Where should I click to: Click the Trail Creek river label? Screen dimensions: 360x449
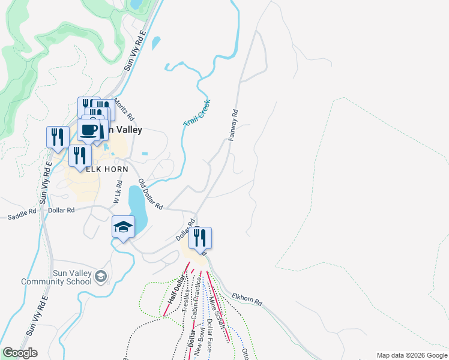(x=197, y=113)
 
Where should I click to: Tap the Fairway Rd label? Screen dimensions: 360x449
(x=234, y=125)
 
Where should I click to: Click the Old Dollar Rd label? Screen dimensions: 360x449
(x=151, y=194)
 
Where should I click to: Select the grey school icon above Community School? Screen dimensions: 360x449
(x=101, y=275)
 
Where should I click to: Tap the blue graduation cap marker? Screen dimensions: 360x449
(x=122, y=227)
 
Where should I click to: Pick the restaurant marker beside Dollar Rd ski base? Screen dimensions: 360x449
(x=200, y=237)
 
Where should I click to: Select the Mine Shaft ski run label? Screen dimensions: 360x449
(x=217, y=313)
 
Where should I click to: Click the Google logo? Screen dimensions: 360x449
(x=20, y=353)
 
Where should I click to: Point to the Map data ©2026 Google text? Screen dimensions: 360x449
(x=412, y=355)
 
